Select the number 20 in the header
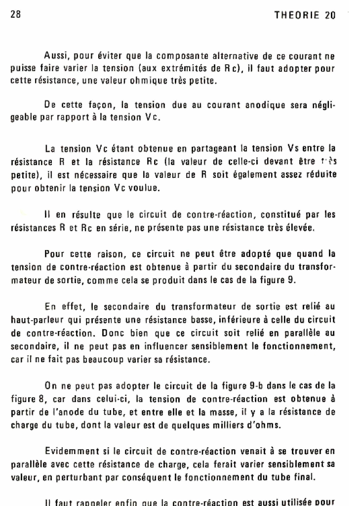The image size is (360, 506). [330, 15]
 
